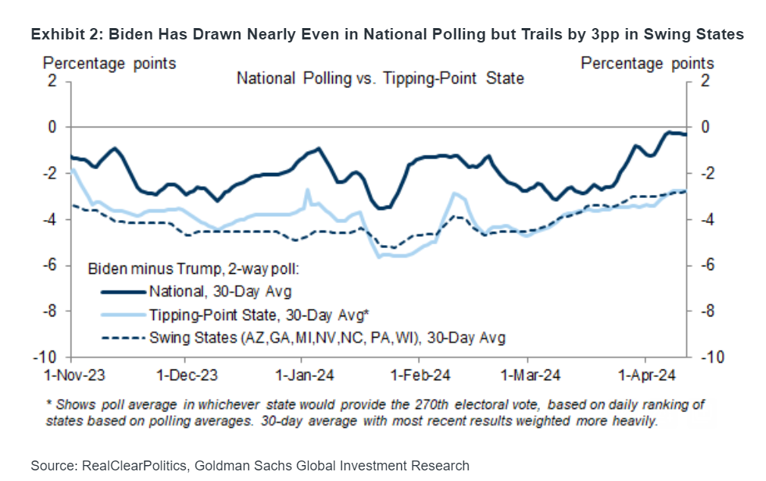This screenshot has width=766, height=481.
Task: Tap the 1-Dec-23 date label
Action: coord(187,374)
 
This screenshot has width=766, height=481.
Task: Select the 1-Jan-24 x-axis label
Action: coord(303,374)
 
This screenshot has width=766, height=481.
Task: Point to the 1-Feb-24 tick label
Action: coord(419,374)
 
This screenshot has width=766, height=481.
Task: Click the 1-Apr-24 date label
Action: coord(646,374)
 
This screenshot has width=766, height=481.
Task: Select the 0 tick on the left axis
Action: coord(52,127)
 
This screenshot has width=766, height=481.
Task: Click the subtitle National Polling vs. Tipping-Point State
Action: coord(380,78)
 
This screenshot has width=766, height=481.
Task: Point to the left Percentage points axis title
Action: coord(109,63)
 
